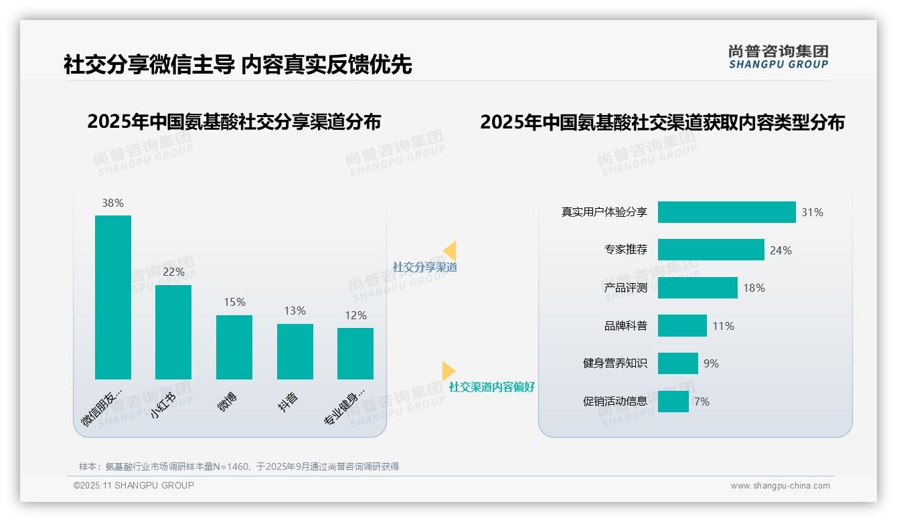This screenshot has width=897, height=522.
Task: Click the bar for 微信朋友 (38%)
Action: pos(113,297)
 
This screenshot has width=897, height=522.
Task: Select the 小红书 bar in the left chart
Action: pos(173,332)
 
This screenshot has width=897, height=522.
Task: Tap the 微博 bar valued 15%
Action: pos(234,347)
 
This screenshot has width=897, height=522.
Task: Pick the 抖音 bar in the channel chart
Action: pos(295,351)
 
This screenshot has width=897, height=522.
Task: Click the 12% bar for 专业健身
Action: pos(355,353)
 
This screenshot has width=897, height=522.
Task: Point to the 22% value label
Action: pos(173,272)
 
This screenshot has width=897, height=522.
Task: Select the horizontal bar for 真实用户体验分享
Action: pos(726,212)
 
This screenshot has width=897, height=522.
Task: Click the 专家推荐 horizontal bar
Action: pos(711,250)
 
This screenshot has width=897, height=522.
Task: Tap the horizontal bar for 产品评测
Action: pos(698,288)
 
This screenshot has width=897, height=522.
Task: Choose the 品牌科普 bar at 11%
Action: pos(682,326)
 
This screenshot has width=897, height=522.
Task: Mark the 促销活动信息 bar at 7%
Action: pos(673,402)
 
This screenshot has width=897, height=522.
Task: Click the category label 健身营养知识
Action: pos(615,363)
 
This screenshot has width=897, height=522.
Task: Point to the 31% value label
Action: pos(813,213)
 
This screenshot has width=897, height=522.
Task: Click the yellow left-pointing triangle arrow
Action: pos(450,251)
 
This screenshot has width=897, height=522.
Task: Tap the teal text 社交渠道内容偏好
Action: pos(492,387)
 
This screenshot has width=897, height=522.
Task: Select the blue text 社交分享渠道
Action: pos(425,267)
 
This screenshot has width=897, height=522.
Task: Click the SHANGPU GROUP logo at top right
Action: pos(779,57)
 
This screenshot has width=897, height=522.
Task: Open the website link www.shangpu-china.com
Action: pos(780,486)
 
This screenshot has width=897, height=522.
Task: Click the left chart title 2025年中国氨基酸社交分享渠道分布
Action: pos(234,122)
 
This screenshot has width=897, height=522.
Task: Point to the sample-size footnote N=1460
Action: pos(239,466)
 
